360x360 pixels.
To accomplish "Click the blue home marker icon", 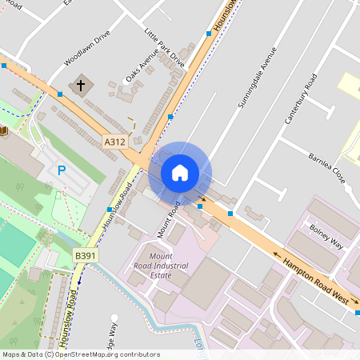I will pos(180,173).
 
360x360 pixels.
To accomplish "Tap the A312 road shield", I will pos(115,142).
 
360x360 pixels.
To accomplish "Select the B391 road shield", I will pos(85,256).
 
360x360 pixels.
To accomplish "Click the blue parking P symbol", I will pos(62,170).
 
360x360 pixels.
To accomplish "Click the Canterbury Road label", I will pos(301,98).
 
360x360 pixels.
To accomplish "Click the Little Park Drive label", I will pos(164,48).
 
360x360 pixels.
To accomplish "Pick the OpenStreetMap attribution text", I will pos(81,354).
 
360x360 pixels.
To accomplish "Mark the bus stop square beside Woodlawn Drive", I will pos(60,94).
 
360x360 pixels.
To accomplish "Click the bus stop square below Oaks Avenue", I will pos(170,117).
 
